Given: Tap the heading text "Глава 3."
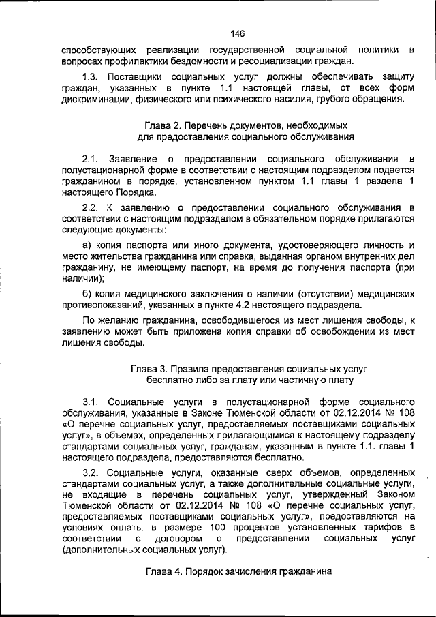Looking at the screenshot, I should (x=149, y=367).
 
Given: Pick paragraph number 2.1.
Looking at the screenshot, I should (x=91, y=159).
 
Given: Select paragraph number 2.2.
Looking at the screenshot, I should (x=91, y=207).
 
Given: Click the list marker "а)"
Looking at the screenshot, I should (x=87, y=243).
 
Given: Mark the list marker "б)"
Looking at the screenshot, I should (x=87, y=292).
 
